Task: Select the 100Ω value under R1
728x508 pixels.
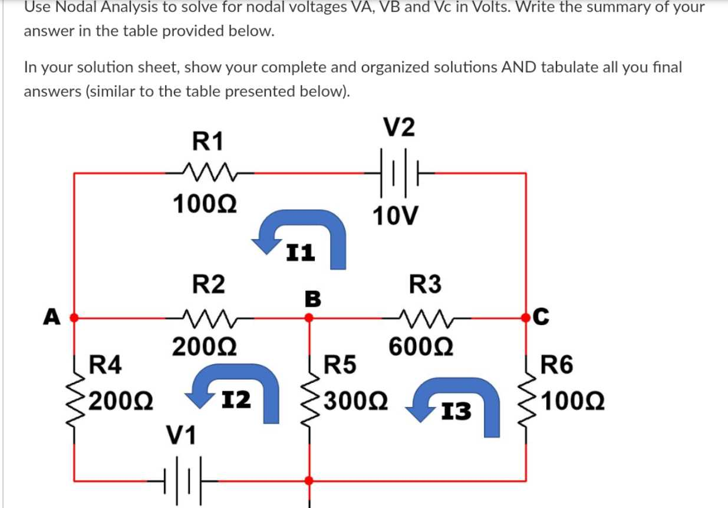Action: coord(206,204)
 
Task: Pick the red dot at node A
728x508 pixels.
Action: coord(73,317)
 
